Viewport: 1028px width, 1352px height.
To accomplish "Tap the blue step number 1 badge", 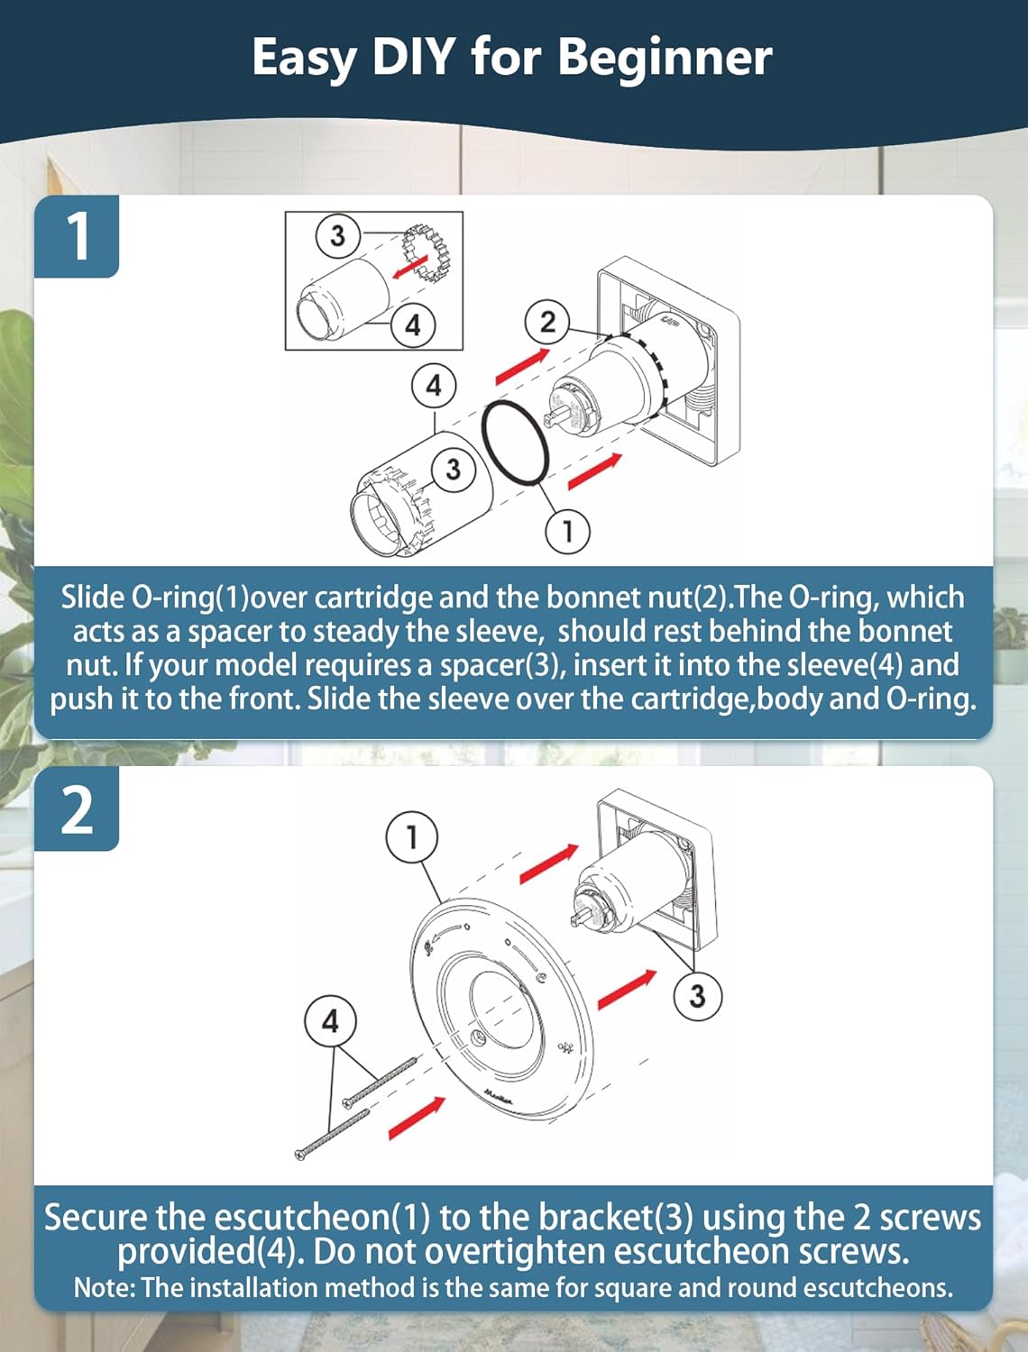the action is click(x=77, y=236).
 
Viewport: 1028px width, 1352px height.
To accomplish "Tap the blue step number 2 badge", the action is click(x=77, y=809).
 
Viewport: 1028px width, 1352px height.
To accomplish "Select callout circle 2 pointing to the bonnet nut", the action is click(x=547, y=322).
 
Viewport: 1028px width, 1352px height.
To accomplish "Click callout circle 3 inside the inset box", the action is click(x=337, y=235).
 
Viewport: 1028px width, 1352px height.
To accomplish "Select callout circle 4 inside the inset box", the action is click(x=413, y=324).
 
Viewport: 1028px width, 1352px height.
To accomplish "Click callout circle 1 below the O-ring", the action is click(x=568, y=531).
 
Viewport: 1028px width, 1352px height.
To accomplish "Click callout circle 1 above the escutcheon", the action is click(x=412, y=837).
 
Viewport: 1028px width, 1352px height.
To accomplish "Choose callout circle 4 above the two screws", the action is click(x=330, y=1021).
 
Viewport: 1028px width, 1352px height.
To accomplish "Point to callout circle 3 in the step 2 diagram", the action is click(x=697, y=995).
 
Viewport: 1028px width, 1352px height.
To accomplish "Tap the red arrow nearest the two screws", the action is click(x=417, y=1118).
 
